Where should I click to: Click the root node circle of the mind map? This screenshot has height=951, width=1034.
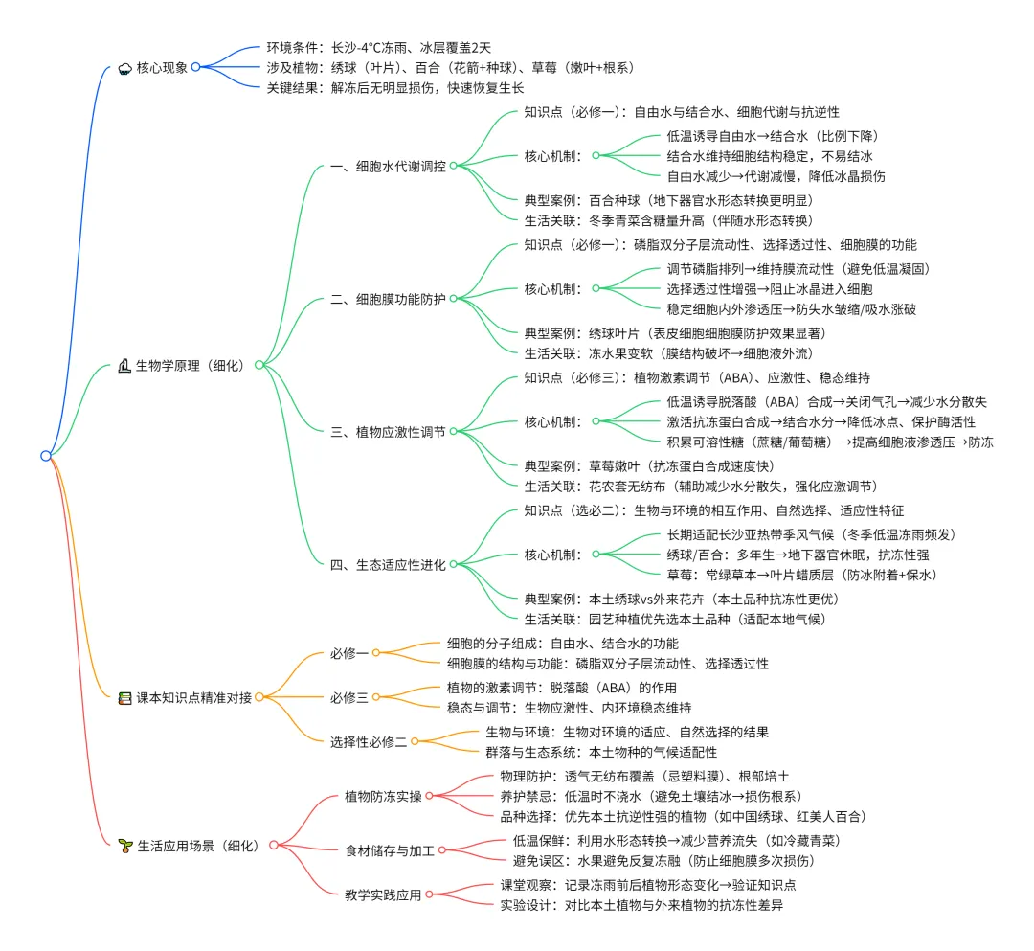[45, 456]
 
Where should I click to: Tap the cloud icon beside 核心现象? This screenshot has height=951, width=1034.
[124, 67]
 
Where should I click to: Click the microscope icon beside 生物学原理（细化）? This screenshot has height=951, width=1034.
[124, 365]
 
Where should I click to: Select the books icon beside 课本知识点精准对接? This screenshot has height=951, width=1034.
[124, 697]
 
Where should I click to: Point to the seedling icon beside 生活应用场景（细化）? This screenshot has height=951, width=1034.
[124, 845]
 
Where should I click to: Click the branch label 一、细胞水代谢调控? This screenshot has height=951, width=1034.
[387, 165]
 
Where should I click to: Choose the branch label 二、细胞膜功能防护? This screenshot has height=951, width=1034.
[387, 299]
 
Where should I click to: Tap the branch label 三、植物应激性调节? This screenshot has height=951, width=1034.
[387, 431]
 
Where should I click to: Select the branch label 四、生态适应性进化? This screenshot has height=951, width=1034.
[387, 565]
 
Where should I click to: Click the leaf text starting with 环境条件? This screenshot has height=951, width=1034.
[378, 46]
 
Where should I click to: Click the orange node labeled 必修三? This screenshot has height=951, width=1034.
[348, 697]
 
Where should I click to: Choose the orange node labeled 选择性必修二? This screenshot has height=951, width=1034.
[369, 741]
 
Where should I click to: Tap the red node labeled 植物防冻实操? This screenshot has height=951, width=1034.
[382, 796]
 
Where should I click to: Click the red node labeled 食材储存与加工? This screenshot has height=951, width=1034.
[389, 849]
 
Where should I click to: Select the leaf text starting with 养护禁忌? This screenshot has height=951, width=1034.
[650, 796]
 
